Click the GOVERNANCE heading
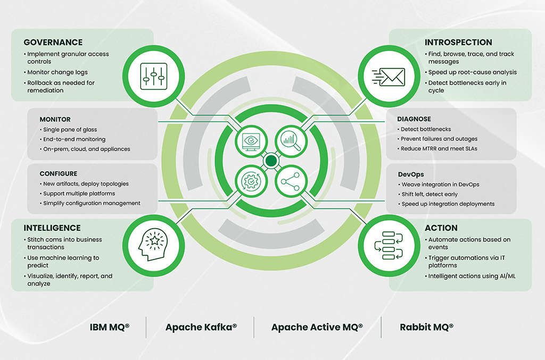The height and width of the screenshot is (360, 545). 53,43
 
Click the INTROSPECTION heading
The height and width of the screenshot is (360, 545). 458,43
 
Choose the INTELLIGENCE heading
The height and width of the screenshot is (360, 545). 52,228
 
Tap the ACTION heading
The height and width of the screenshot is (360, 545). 441,228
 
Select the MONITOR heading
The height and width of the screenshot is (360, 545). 55,120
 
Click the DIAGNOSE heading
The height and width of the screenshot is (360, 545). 415,119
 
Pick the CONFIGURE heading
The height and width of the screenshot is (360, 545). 59,174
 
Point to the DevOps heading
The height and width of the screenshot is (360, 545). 411,174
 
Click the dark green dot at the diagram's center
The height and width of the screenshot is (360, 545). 271,160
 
